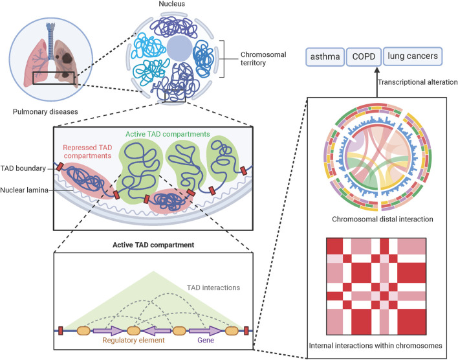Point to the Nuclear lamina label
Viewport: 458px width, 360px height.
(x=27, y=190)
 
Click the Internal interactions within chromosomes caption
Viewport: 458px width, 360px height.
(x=376, y=346)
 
